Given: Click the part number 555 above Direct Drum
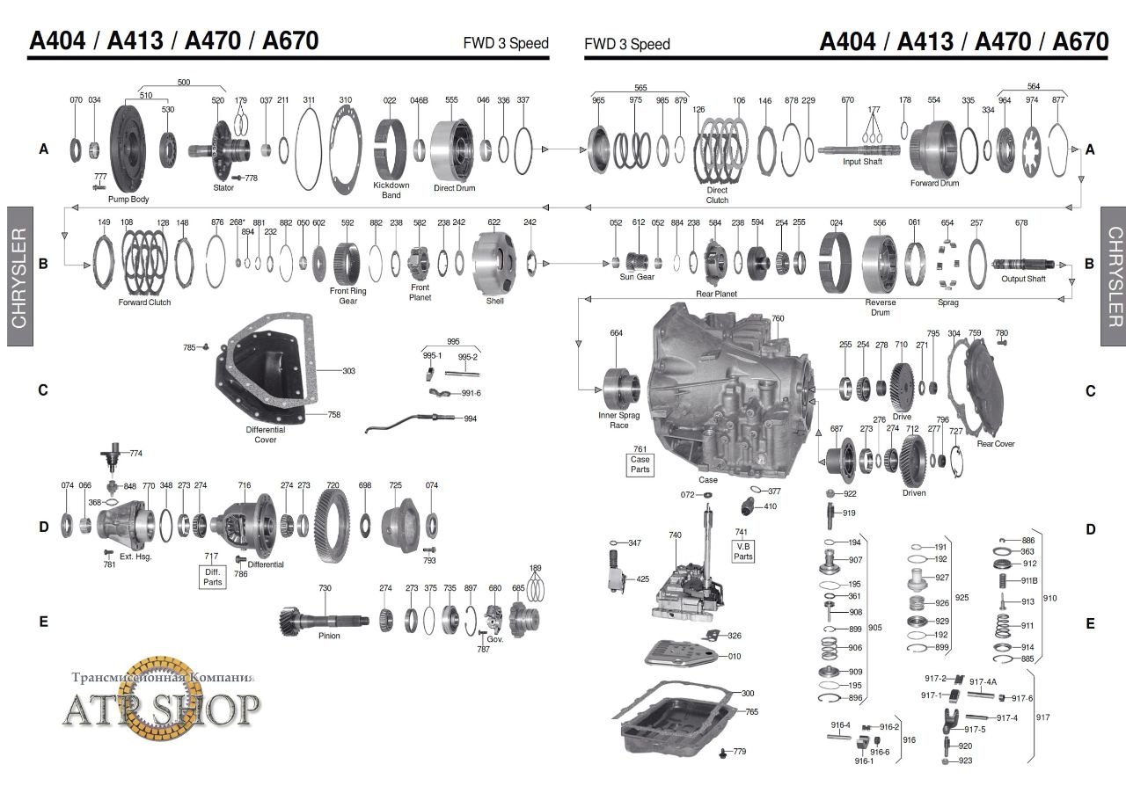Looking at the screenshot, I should [x=451, y=100].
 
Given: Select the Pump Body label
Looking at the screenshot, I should [x=128, y=199].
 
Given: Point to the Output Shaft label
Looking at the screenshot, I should [x=1023, y=280].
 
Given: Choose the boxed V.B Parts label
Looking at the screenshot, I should [x=743, y=550].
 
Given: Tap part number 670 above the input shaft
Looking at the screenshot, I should [x=847, y=100].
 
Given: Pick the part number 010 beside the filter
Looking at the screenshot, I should [x=735, y=656].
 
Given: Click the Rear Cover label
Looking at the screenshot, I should [x=996, y=444].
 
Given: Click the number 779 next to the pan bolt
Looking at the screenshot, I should [x=739, y=752].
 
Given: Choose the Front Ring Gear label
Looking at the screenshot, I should [x=348, y=295].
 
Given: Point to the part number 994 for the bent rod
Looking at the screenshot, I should [x=471, y=418].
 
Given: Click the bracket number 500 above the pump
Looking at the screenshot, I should [x=183, y=83].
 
